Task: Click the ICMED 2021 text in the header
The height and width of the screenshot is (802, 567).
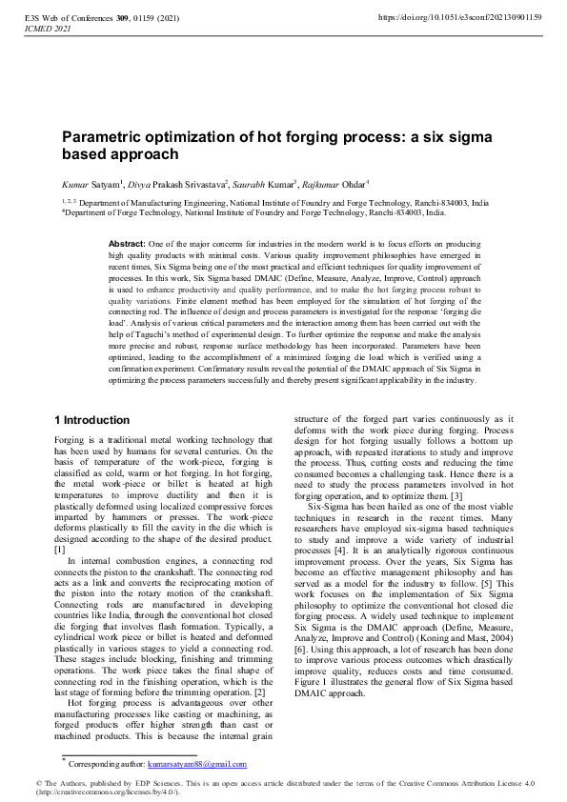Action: tap(42, 30)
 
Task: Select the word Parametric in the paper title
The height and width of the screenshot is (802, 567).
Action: tap(104, 138)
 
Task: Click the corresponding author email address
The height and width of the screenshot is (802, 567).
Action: tap(205, 764)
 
